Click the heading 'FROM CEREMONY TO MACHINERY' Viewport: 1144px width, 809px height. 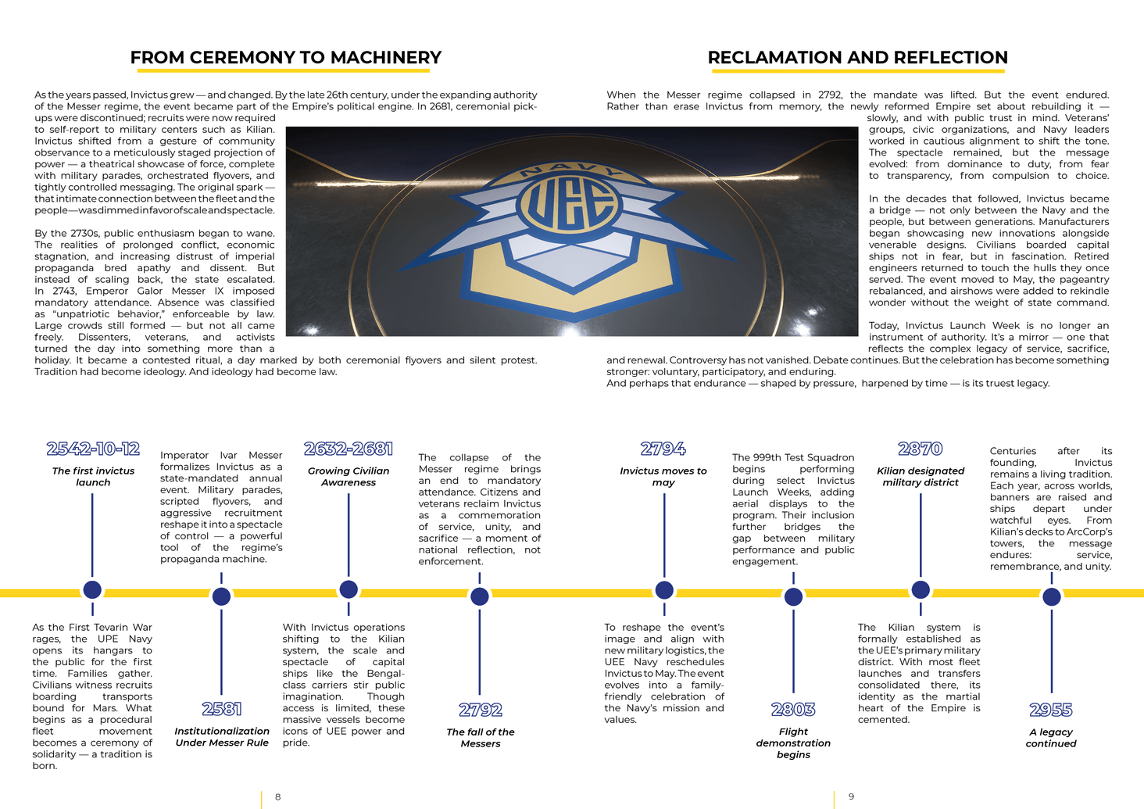click(286, 58)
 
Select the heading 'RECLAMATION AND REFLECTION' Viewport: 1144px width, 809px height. click(857, 58)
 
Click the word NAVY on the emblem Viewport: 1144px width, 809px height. click(570, 170)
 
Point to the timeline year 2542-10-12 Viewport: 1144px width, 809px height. click(93, 449)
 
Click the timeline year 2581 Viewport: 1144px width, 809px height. click(222, 709)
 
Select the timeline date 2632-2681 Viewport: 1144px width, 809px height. click(349, 449)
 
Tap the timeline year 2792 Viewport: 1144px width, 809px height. click(481, 710)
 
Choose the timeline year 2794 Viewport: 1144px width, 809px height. click(663, 449)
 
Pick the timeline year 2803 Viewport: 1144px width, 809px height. click(793, 709)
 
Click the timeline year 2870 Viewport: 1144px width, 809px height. click(921, 449)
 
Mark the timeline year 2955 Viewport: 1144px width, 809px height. click(1051, 710)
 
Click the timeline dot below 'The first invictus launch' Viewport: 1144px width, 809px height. click(92, 589)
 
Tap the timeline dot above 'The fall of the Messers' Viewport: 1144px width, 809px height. click(480, 596)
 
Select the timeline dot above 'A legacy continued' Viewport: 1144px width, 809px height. click(1052, 596)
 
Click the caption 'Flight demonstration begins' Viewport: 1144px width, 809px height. click(793, 743)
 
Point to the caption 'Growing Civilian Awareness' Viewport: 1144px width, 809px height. click(349, 477)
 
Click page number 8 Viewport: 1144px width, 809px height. click(278, 797)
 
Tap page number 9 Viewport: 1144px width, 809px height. click(852, 797)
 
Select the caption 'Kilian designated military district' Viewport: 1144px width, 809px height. click(921, 477)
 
